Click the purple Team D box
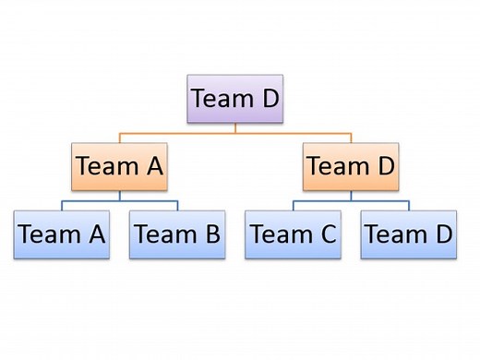coord(234,98)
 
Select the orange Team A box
coord(119,166)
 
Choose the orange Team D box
coord(351,166)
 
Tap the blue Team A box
coord(62,234)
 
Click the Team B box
coord(177,234)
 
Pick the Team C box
coord(293,234)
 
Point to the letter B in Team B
coord(210,234)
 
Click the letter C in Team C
coord(327,234)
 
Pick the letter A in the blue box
coord(95,234)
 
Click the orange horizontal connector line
coord(234,133)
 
